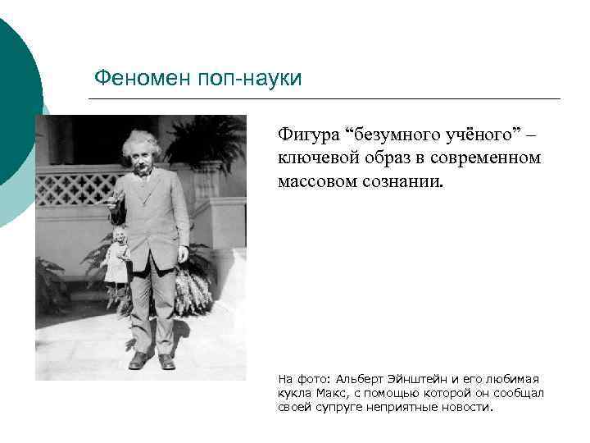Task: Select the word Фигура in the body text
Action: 309,133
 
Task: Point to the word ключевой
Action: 315,157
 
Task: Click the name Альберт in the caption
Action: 353,379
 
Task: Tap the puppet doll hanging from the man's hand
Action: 117,258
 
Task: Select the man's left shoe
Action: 167,362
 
